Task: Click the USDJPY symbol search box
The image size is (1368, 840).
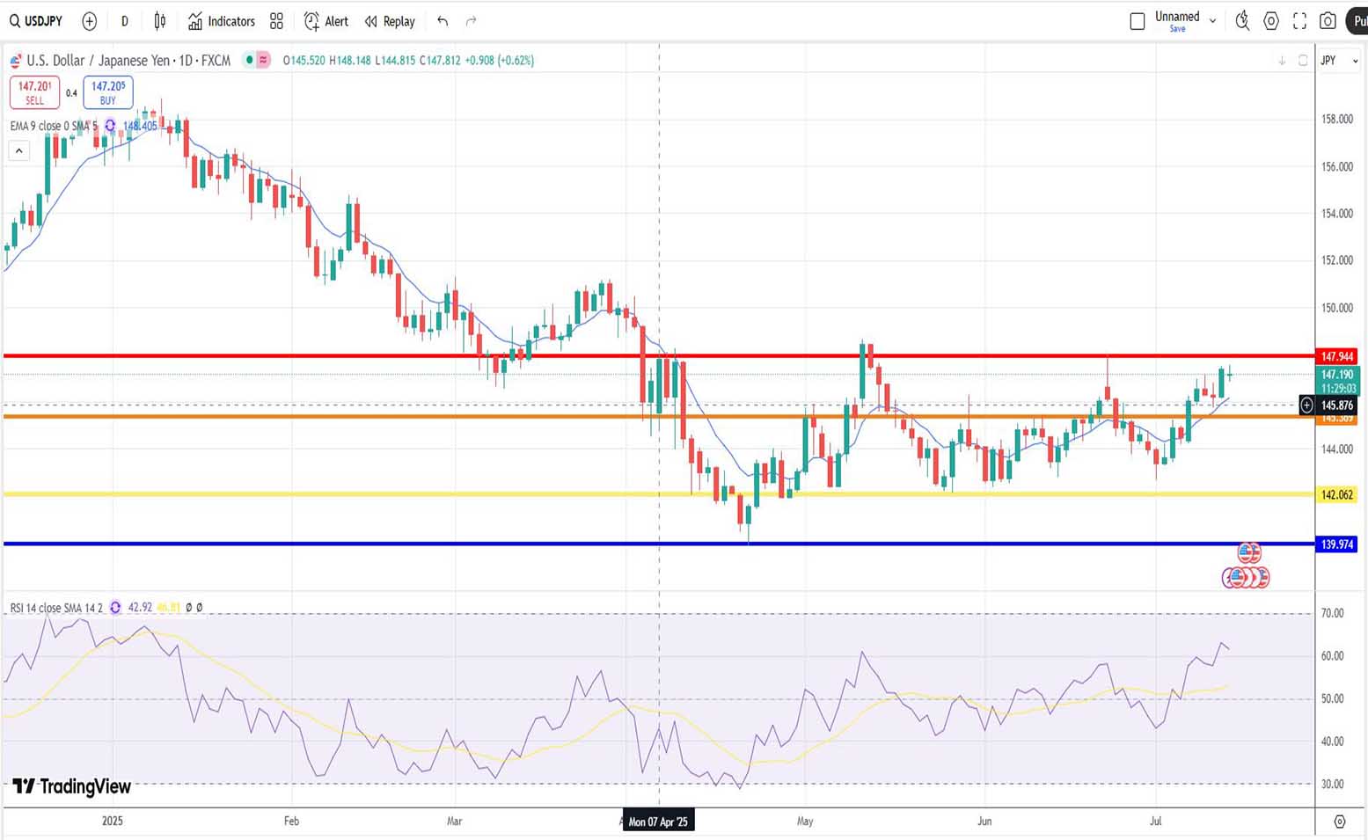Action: (x=37, y=21)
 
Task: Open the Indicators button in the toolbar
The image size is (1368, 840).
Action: (x=222, y=21)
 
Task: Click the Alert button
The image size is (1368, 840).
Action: (x=326, y=21)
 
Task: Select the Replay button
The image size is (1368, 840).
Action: (x=390, y=21)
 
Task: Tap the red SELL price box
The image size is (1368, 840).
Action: (x=34, y=92)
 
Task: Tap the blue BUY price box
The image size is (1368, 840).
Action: (x=108, y=92)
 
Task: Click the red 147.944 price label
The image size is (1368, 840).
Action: (x=1336, y=356)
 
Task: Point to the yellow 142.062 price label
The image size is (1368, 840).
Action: (x=1336, y=495)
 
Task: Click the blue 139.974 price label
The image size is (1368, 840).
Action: (x=1336, y=544)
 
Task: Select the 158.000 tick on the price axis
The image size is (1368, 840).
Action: (x=1336, y=119)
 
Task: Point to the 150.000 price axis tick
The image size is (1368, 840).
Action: (x=1336, y=308)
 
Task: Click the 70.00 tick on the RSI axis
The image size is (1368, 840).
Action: (x=1332, y=613)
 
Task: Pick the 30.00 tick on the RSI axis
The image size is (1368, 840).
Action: (x=1332, y=784)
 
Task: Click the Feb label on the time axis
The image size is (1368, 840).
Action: (x=291, y=821)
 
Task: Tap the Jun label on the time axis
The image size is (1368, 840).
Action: (x=984, y=821)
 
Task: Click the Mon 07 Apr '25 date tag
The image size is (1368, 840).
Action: (x=659, y=822)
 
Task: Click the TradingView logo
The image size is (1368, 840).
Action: (x=72, y=786)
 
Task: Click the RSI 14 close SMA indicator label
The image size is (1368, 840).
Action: (x=56, y=608)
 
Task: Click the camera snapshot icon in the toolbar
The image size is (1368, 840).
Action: (x=1328, y=21)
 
